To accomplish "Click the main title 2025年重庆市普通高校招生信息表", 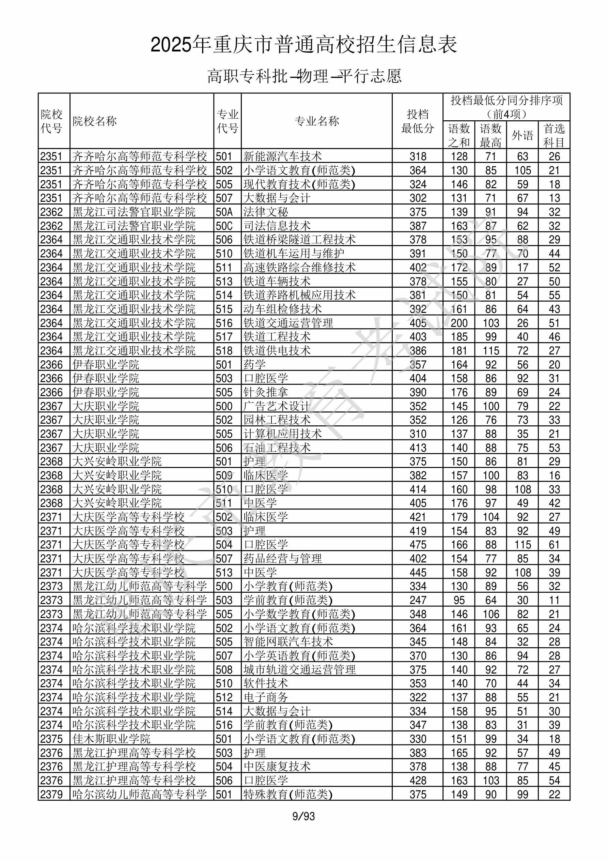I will (303, 45).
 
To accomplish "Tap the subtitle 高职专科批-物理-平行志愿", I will (304, 76).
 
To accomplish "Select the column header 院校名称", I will (95, 121).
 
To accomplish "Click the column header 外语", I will (522, 135).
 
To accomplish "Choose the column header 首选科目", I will (554, 135).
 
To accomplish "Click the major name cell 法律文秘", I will (265, 212).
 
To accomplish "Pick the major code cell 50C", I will (224, 226).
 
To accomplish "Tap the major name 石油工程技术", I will (277, 448).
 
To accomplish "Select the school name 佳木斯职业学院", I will (111, 739).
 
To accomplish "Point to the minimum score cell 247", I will (418, 600).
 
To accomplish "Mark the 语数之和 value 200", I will (459, 323).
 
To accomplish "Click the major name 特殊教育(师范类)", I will (288, 794).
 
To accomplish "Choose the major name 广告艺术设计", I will (277, 406).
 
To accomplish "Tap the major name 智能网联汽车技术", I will (288, 641).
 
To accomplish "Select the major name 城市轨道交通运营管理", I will (299, 669).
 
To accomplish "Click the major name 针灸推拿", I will (265, 392).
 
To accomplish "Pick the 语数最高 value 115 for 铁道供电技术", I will (491, 351).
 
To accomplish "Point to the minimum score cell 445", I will (418, 573).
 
